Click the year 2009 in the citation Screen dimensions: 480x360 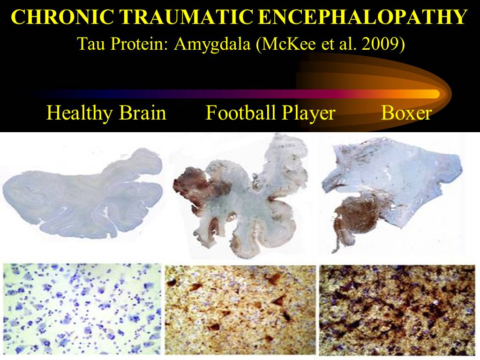tap(384, 44)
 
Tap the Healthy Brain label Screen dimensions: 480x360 tap(106, 112)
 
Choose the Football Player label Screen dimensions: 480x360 tap(270, 113)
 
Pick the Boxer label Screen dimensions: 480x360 tap(406, 112)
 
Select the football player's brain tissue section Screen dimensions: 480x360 tap(241, 196)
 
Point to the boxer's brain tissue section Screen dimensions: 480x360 tap(392, 196)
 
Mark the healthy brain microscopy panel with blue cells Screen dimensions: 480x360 tap(82, 309)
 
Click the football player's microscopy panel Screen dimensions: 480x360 tap(240, 309)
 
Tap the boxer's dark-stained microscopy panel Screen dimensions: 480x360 tap(397, 310)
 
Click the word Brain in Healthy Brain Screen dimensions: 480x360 tap(142, 112)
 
